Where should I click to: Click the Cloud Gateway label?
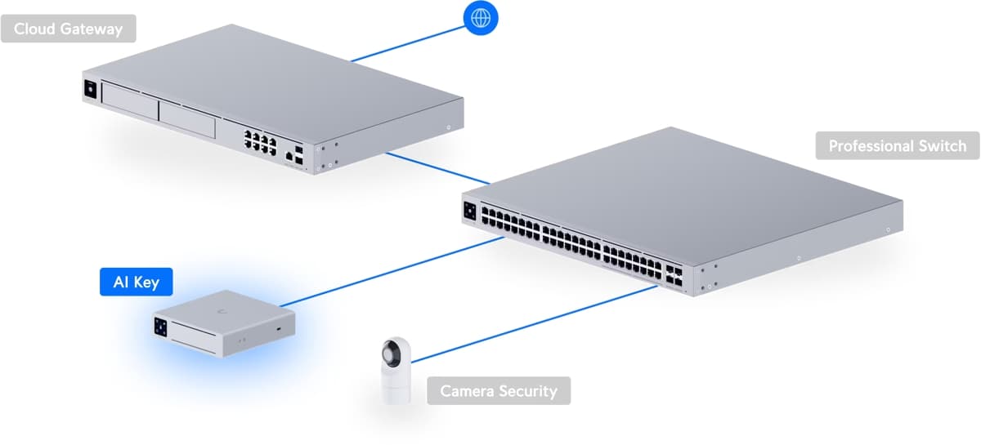coord(68,29)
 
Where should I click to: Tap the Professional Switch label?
coord(897,146)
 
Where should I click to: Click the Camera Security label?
coord(499,390)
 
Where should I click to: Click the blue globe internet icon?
coord(480,16)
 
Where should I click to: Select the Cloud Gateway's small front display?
coord(89,89)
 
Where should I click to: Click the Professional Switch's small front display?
coord(470,209)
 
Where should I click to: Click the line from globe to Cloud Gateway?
coord(409,42)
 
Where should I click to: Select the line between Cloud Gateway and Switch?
coord(437,167)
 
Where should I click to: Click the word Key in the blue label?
coord(146,283)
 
